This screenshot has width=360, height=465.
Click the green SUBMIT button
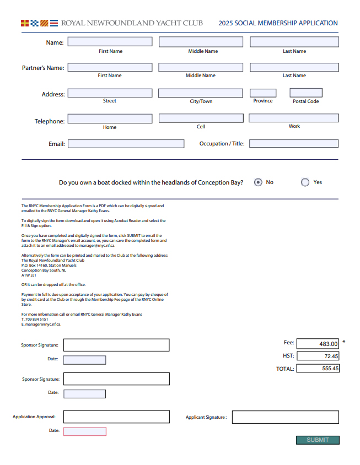click(x=318, y=440)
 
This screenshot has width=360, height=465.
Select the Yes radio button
click(x=305, y=182)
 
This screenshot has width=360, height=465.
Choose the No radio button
click(x=258, y=182)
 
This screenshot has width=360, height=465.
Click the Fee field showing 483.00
click(x=318, y=344)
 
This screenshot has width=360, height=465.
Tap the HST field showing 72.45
click(x=318, y=356)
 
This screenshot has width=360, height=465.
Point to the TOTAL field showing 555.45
click(x=318, y=369)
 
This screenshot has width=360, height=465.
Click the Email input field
click(x=126, y=144)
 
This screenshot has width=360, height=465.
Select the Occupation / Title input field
click(x=294, y=144)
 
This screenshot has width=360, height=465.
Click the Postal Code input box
click(x=306, y=93)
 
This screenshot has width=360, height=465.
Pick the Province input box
click(x=263, y=93)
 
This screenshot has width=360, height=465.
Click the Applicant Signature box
click(x=284, y=417)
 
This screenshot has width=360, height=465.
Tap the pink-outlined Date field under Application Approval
click(x=84, y=431)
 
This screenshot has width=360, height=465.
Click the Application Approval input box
click(x=116, y=417)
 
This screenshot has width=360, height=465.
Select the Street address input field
click(x=110, y=93)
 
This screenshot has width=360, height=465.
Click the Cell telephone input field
click(x=201, y=118)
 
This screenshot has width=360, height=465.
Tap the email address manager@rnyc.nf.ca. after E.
click(x=44, y=325)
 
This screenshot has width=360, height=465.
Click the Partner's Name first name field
click(x=110, y=67)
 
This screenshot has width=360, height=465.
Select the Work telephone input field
click(x=294, y=118)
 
